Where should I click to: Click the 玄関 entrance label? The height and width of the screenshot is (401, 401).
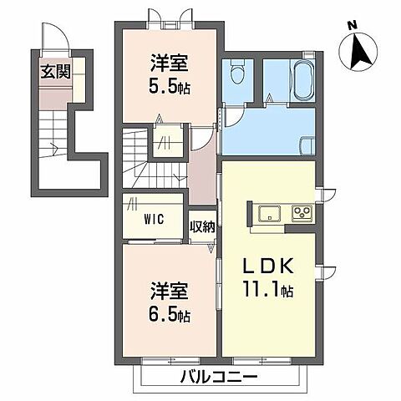tap(56, 73)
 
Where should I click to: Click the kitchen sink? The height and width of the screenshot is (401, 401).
tap(269, 214)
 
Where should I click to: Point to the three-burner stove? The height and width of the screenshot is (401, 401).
tap(302, 214)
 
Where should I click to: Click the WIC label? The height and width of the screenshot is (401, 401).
tap(154, 220)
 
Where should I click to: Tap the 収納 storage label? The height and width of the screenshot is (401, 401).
tap(203, 226)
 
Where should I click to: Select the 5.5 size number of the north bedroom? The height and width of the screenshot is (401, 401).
tap(163, 86)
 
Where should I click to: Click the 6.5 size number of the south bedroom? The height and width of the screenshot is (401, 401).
tap(163, 315)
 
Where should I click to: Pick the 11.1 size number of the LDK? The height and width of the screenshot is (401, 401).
tap(261, 289)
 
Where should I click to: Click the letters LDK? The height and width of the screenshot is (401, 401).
tap(268, 266)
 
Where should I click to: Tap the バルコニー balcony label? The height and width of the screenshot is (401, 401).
tap(219, 378)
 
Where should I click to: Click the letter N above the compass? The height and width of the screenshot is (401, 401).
tap(353, 26)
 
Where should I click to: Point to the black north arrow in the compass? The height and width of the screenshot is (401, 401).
tap(360, 51)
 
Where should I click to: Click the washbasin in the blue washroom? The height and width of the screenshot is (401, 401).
tap(307, 145)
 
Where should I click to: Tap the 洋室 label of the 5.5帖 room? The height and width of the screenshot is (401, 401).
tap(169, 63)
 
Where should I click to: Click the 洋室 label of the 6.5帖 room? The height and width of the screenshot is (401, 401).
tap(169, 291)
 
